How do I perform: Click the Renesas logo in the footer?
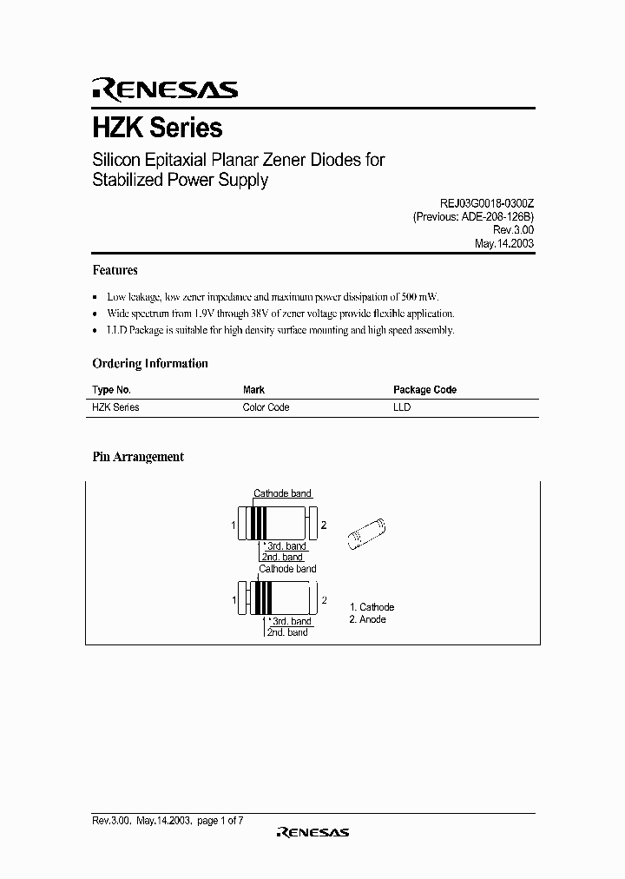312,832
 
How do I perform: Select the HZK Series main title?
157,128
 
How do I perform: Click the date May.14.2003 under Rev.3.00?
504,244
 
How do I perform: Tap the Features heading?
115,270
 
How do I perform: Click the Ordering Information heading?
150,364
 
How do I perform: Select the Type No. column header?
111,390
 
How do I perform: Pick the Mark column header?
253,390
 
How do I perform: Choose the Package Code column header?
424,390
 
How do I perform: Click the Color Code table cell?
266,407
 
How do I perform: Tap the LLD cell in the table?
401,407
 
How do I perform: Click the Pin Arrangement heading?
138,457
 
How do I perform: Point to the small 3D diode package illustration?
367,530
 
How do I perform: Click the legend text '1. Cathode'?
372,607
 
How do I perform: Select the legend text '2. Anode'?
368,619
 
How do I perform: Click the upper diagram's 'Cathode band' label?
282,493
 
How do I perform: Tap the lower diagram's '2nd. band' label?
287,632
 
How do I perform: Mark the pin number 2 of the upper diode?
324,525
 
